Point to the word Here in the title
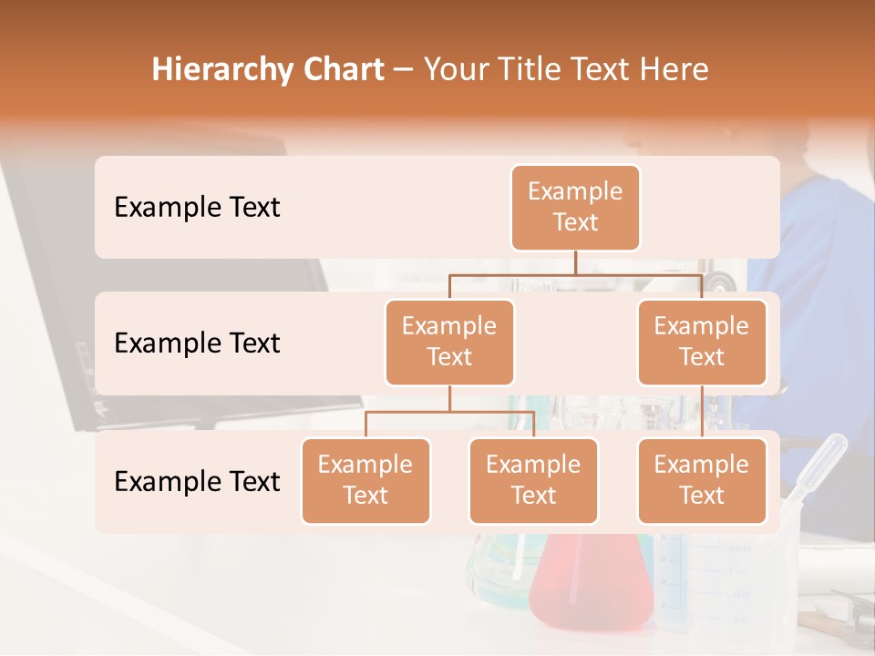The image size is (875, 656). pos(674,70)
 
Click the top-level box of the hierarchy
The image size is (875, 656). pos(575,207)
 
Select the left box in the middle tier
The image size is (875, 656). pos(449,342)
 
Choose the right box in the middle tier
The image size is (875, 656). pos(702,342)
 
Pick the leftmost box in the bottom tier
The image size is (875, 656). pos(365,480)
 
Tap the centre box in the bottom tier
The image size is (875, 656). pos(533,480)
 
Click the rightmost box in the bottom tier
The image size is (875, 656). pos(702,480)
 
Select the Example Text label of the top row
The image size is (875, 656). pos(197,208)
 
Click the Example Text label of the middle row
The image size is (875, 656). pos(197,343)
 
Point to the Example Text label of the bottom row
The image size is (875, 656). pos(197,481)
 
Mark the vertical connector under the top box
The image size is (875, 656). pos(575,262)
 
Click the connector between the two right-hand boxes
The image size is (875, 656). pos(702,412)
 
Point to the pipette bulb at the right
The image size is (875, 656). pos(832,451)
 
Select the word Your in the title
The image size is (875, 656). pos(455,70)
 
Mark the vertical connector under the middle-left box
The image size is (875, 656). pos(449,398)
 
